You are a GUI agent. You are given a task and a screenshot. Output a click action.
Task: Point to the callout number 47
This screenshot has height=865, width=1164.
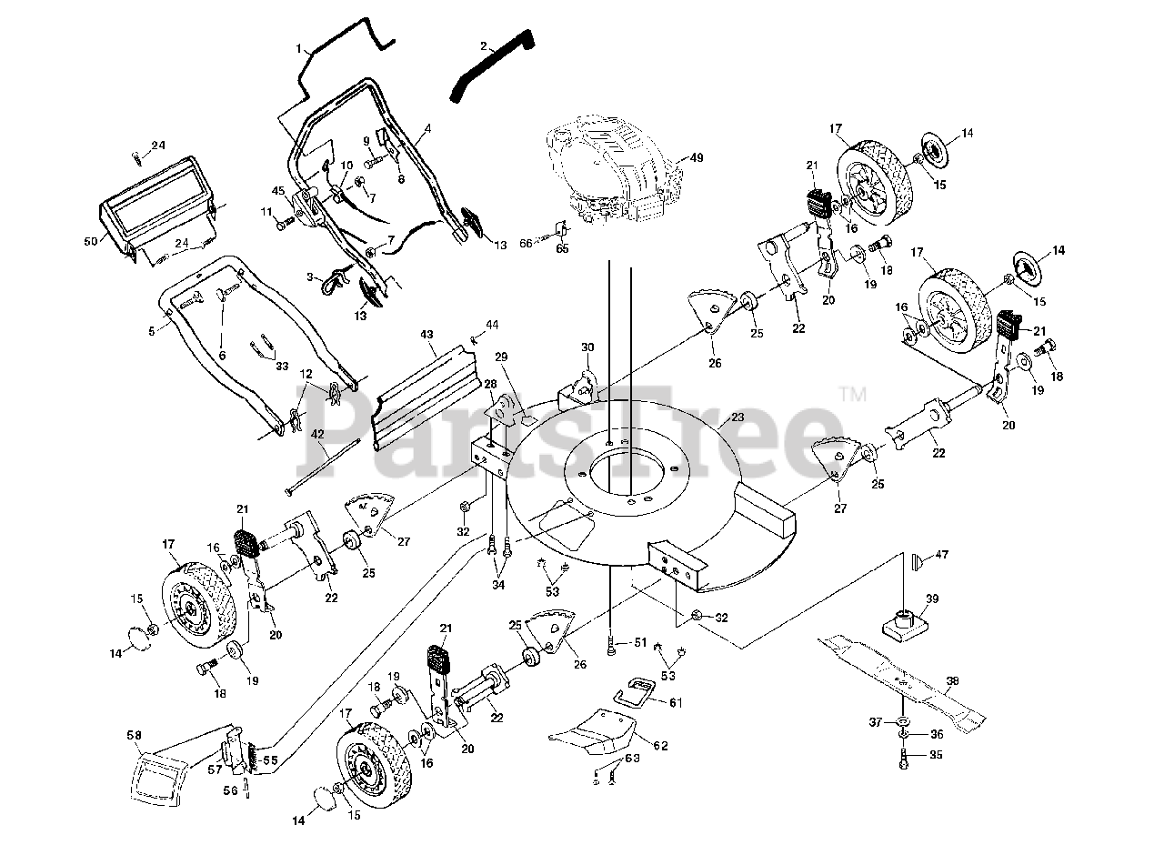(x=942, y=554)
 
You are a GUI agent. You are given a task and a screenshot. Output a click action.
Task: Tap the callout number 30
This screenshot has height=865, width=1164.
(x=587, y=347)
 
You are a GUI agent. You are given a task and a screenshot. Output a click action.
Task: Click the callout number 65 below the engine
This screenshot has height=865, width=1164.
(x=562, y=248)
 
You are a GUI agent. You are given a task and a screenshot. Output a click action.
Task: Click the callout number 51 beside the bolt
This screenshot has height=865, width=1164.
(x=640, y=643)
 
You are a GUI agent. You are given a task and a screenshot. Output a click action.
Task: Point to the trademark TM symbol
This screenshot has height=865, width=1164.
(x=852, y=395)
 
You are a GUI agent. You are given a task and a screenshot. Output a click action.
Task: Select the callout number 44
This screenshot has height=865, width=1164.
(x=492, y=324)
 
